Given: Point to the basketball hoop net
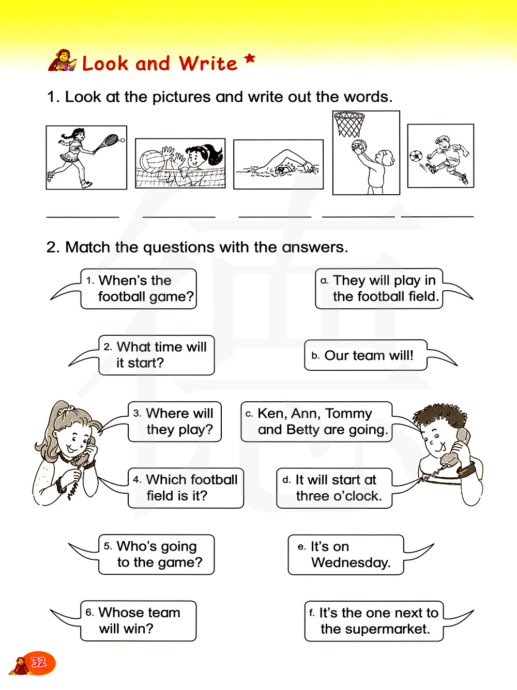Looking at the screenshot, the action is [349, 125].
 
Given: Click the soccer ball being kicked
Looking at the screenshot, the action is [416, 155].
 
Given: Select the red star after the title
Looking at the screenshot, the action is [250, 58].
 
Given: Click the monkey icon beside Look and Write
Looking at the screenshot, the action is [63, 60].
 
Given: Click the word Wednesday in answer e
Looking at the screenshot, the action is [351, 563].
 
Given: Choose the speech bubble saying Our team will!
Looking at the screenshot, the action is [366, 355].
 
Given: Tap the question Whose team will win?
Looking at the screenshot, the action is [139, 620].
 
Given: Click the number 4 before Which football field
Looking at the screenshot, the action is [136, 480].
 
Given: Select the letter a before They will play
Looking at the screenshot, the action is [324, 281].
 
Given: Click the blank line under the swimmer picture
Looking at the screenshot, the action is [275, 216].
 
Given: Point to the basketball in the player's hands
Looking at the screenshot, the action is [359, 147].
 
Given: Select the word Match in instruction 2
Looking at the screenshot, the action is [87, 247].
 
